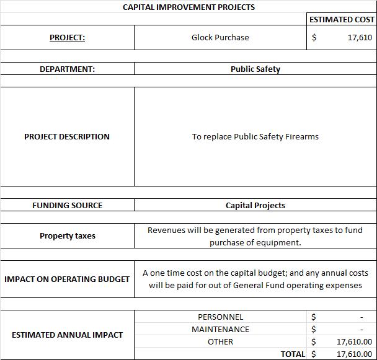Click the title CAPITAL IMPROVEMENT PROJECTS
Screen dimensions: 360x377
click(x=188, y=7)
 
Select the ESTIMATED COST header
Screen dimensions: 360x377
click(x=342, y=19)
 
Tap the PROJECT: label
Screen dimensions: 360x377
click(x=67, y=37)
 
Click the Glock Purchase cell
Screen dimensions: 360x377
click(x=220, y=37)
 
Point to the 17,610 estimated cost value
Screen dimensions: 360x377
click(x=360, y=37)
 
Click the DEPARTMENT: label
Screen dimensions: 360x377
click(x=67, y=69)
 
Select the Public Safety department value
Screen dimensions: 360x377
click(x=255, y=69)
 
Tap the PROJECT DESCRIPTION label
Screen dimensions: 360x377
click(x=67, y=136)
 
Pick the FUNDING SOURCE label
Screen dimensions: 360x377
click(x=67, y=205)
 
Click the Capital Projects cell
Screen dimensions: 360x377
click(x=255, y=205)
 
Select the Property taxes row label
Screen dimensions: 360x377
click(x=67, y=235)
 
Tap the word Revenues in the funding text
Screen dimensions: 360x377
click(x=167, y=230)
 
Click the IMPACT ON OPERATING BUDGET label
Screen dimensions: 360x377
click(x=67, y=279)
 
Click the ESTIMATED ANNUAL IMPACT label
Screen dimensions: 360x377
click(x=67, y=335)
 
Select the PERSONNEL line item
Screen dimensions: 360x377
click(x=220, y=317)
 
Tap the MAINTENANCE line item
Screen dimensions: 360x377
click(x=220, y=329)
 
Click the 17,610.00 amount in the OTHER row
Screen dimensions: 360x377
click(x=354, y=341)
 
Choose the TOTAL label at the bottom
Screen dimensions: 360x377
click(x=293, y=354)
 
